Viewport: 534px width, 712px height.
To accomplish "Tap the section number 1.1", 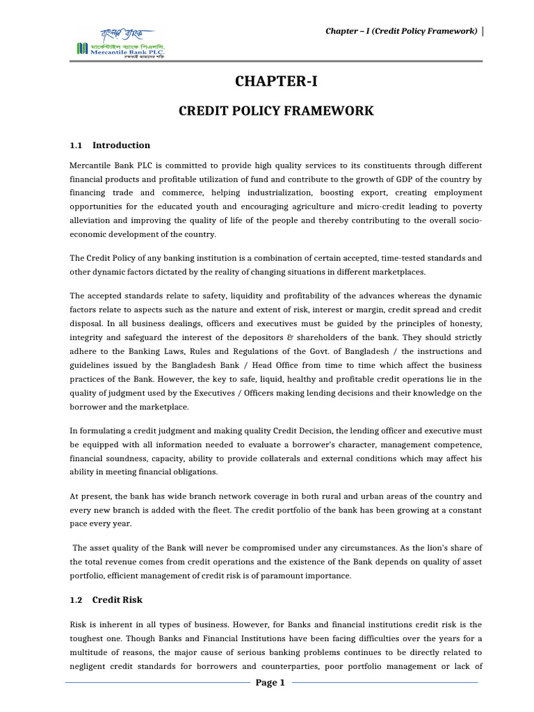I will (x=76, y=145).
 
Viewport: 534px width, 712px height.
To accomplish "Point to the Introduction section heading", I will (x=121, y=145).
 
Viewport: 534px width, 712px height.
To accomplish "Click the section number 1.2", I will (x=76, y=599).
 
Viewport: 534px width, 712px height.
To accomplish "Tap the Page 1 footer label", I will (x=270, y=683).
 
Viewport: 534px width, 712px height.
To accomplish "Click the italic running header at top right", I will (x=402, y=31).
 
